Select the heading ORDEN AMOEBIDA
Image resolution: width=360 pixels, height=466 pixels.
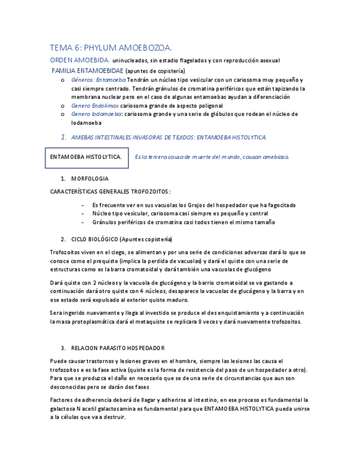click(x=80, y=60)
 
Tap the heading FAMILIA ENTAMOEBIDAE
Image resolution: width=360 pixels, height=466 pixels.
click(x=87, y=71)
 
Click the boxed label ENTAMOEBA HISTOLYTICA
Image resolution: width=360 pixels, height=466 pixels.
click(x=86, y=157)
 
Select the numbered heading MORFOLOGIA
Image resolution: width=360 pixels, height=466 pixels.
click(x=90, y=179)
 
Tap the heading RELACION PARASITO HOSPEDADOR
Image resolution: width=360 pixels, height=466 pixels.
click(x=118, y=348)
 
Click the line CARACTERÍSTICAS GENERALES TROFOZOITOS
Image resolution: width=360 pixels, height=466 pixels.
click(x=110, y=192)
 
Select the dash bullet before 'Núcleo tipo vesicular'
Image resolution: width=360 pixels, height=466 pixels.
click(x=82, y=214)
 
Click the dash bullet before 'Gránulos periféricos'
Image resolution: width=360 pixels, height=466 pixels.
click(x=82, y=223)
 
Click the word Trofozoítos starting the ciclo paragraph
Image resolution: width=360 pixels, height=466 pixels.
click(x=65, y=252)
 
